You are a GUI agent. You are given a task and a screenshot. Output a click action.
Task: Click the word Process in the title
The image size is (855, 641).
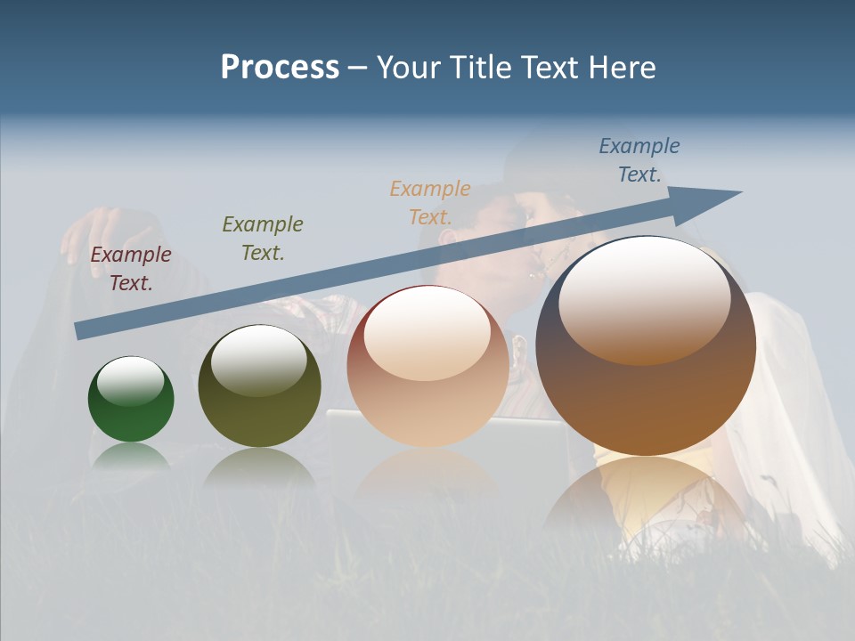[280, 68]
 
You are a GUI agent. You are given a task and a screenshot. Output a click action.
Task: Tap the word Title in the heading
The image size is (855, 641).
[478, 68]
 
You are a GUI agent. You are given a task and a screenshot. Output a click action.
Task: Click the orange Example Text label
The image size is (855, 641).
[430, 202]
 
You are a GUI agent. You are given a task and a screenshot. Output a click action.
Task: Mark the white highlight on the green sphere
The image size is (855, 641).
[131, 380]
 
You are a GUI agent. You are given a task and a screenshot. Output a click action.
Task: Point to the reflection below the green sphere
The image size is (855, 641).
[131, 455]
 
